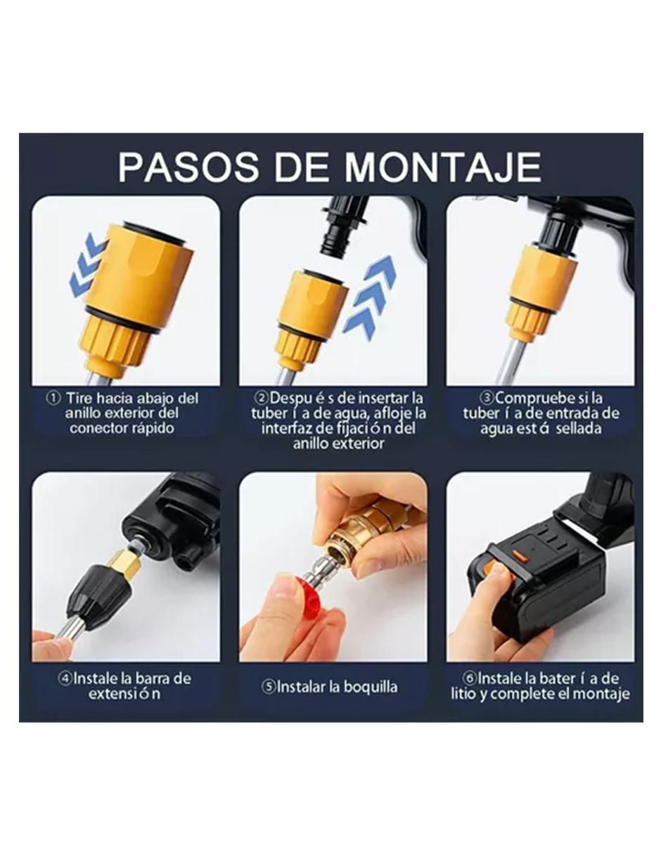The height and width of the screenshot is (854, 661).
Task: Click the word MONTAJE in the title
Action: point(442,167)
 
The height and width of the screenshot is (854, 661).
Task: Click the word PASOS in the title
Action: point(188,167)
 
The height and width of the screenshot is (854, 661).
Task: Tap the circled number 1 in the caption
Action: point(53,399)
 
